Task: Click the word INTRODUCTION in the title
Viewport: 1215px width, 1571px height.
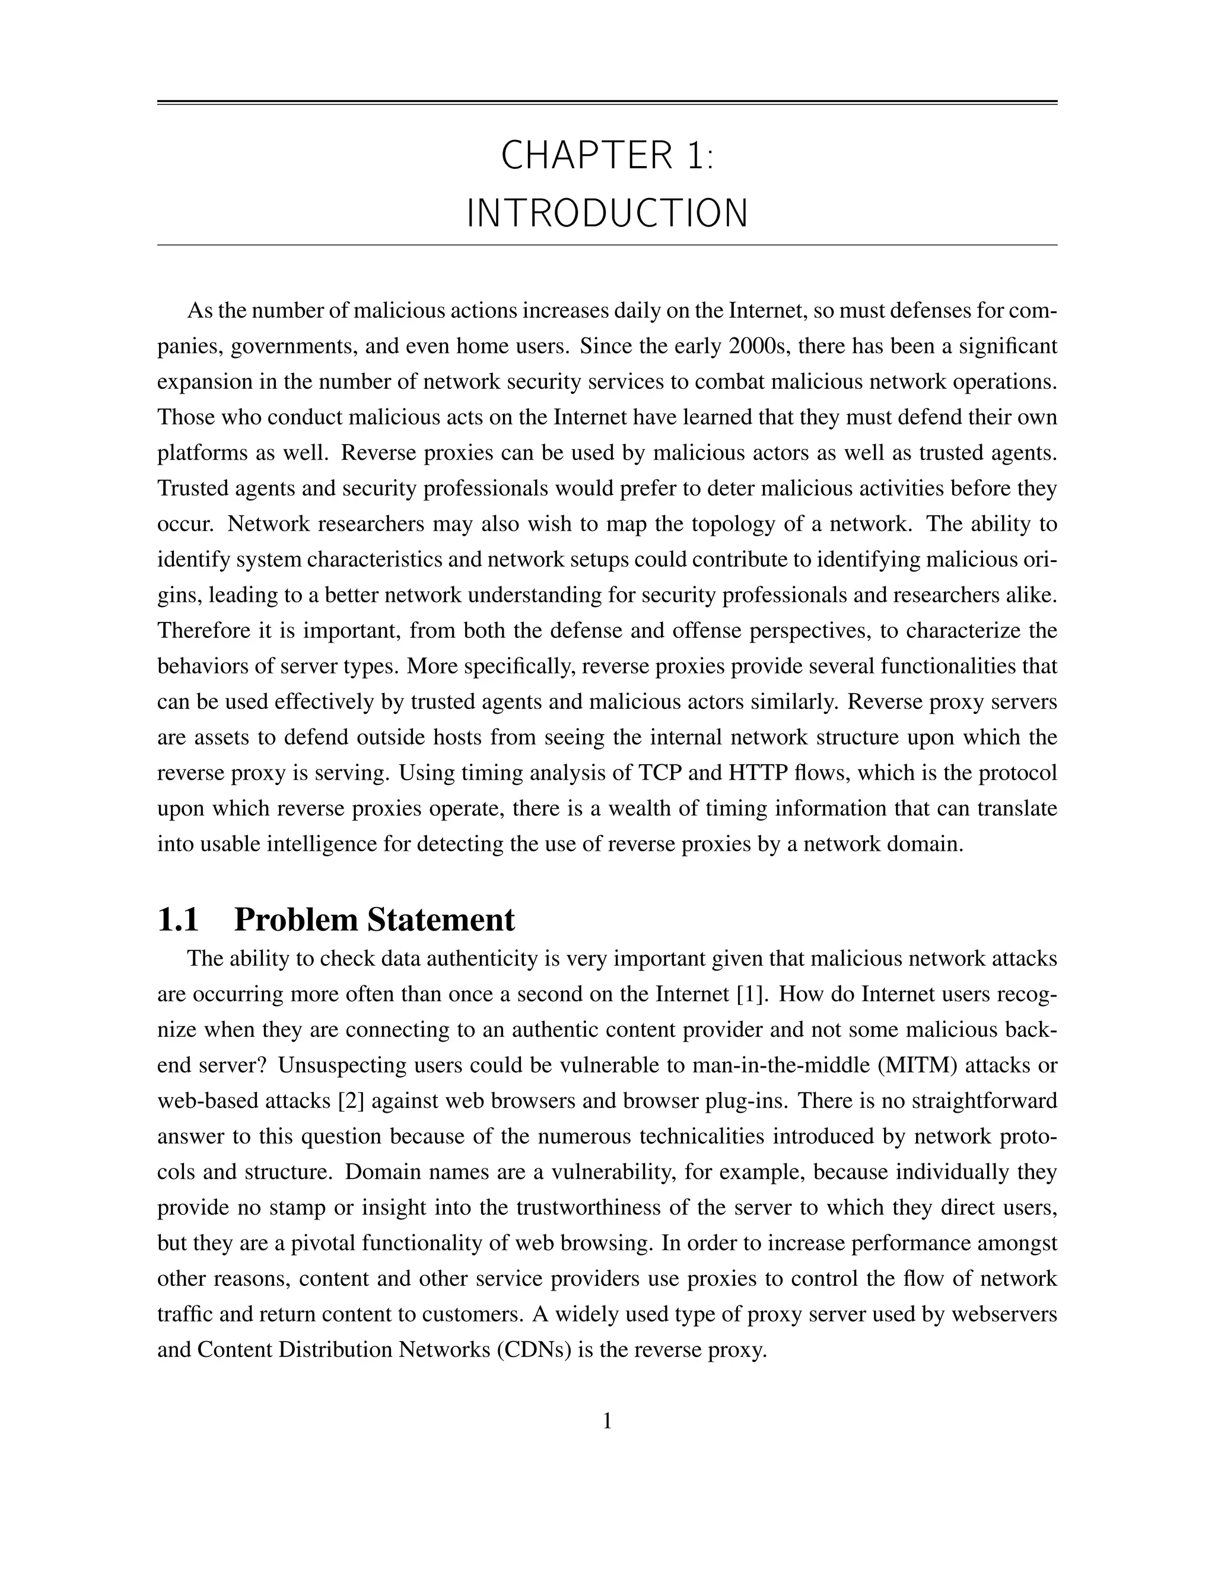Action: tap(607, 215)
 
